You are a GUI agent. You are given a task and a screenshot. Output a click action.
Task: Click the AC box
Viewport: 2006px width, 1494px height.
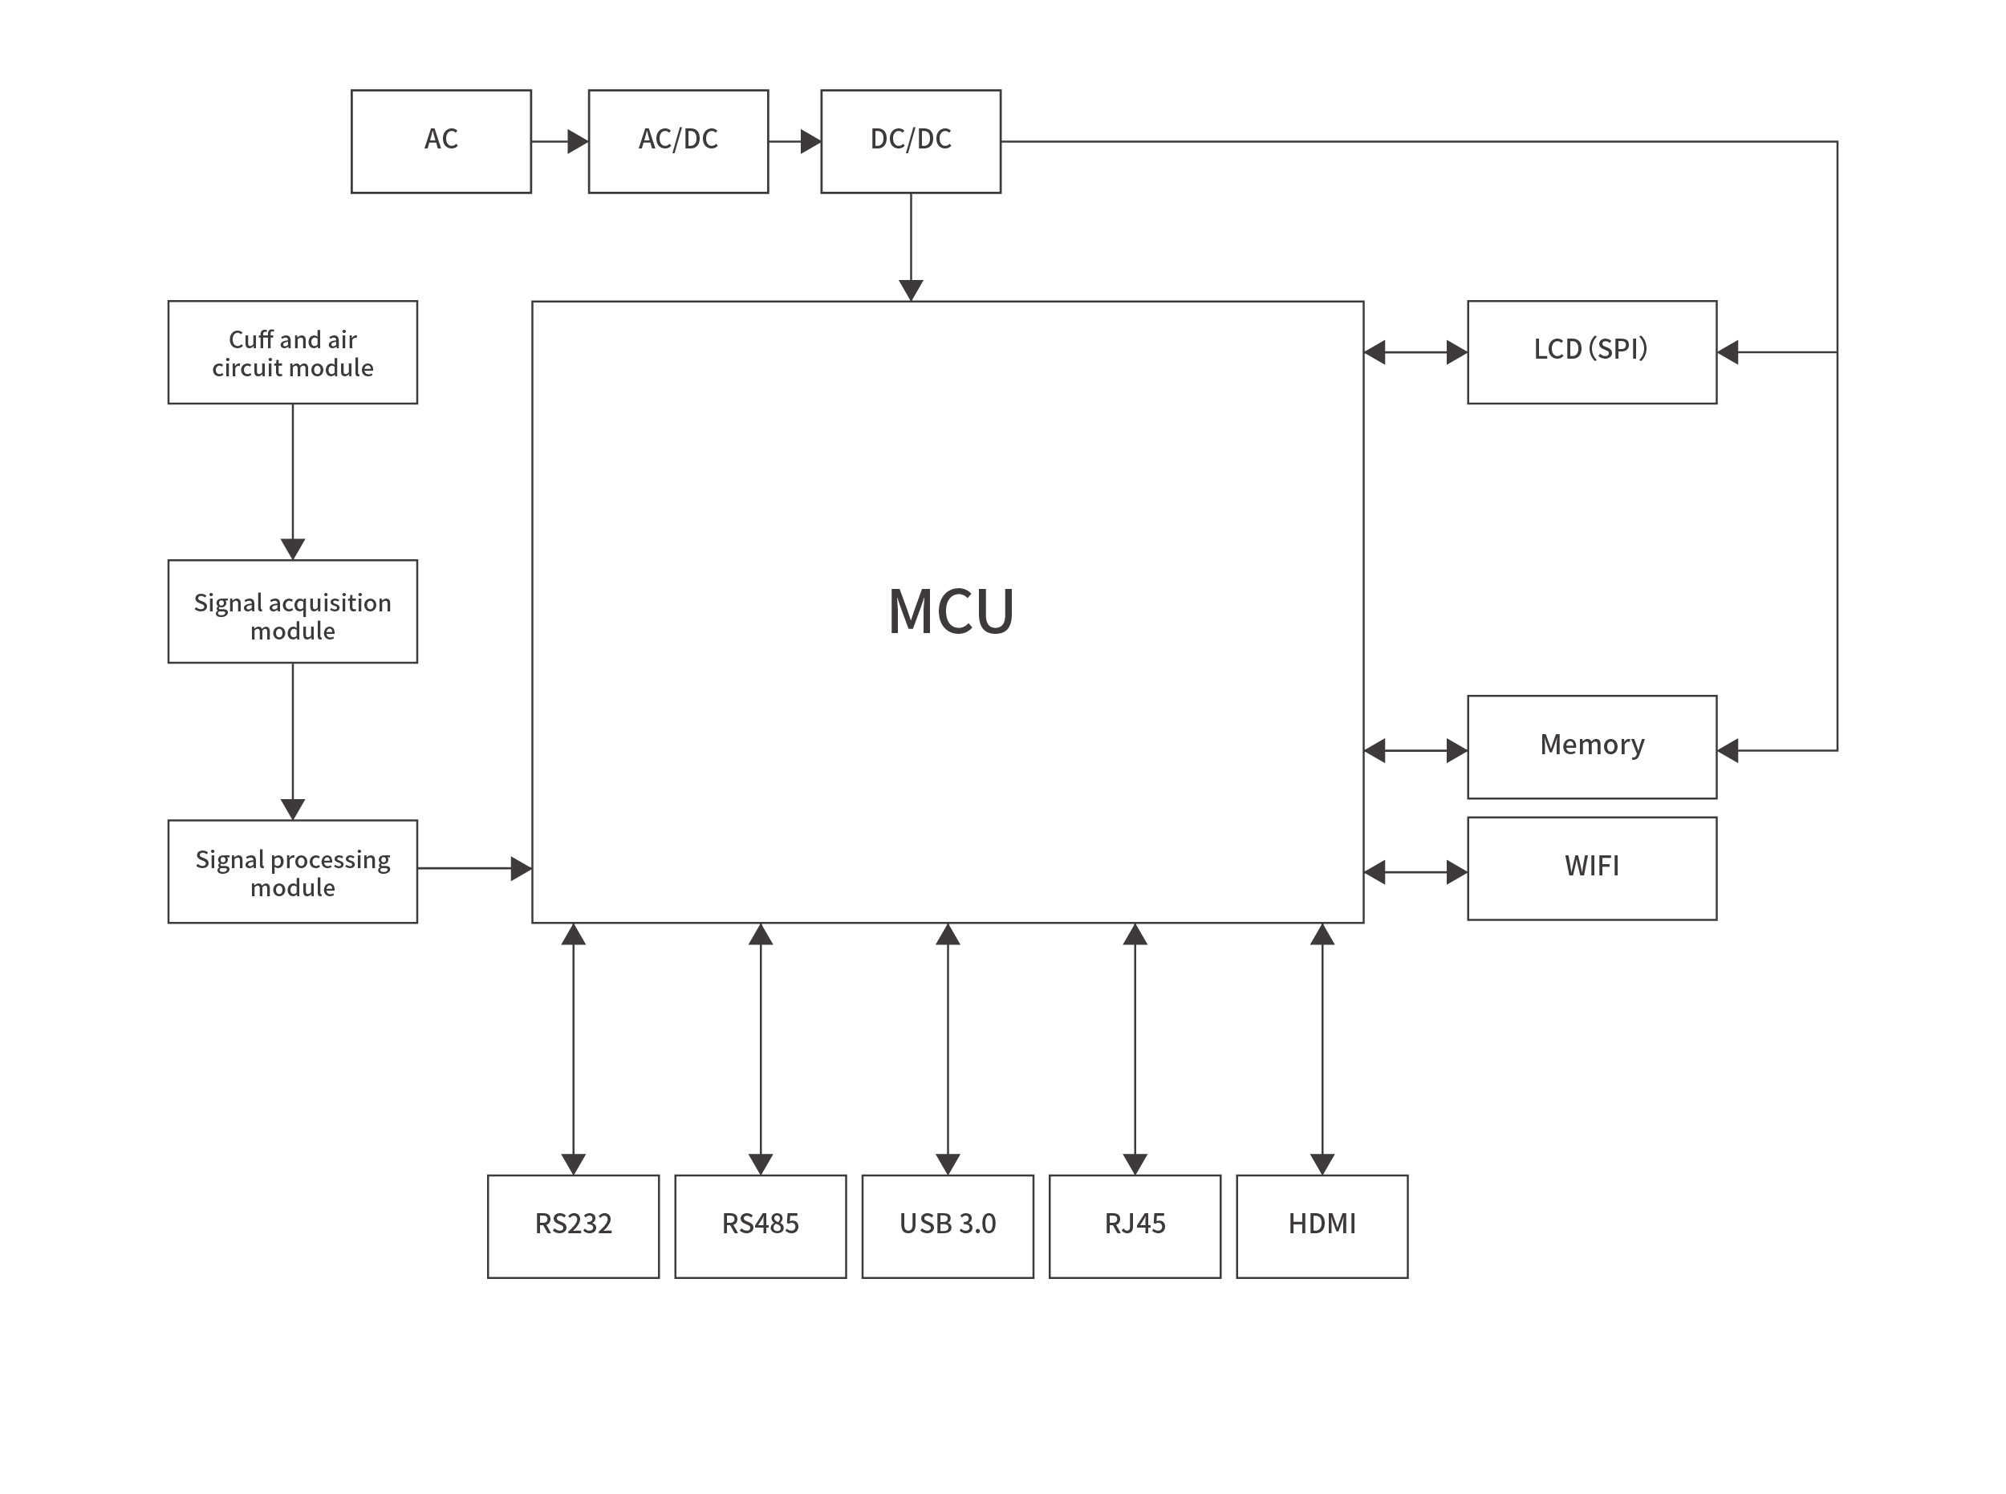pos(441,141)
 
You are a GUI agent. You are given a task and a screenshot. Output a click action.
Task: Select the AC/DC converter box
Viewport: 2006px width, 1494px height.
pos(677,141)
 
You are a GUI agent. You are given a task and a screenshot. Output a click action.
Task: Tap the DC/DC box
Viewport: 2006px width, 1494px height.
pos(910,141)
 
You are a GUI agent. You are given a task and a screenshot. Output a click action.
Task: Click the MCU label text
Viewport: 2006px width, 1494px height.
pos(951,612)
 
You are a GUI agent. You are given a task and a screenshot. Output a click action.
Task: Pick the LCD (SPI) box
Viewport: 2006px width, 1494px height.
pos(1591,351)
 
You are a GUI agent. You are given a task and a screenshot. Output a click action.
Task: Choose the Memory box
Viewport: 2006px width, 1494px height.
pos(1591,746)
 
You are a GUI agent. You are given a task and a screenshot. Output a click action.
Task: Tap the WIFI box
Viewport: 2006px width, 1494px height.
pos(1591,868)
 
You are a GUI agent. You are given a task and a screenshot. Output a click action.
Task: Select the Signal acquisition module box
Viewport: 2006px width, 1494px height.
pos(292,611)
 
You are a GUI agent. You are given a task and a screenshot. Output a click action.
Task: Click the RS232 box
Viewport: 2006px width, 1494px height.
pos(572,1225)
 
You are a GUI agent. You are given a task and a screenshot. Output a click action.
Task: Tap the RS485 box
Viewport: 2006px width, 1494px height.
pos(760,1225)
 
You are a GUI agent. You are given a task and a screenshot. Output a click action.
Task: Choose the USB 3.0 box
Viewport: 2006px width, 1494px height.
pos(947,1225)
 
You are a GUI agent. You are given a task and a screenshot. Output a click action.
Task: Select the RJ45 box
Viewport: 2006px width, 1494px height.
pos(1134,1225)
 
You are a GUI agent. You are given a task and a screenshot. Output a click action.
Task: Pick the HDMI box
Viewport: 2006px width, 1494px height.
pos(1322,1225)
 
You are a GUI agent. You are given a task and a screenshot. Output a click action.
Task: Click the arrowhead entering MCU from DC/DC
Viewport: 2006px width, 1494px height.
pos(911,290)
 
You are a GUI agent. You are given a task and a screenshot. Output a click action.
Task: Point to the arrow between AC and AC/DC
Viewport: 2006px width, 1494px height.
pos(559,141)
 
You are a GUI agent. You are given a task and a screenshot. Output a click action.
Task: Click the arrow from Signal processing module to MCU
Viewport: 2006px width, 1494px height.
pos(474,868)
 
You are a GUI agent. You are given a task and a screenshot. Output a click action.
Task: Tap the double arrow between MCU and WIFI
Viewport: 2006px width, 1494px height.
pos(1415,872)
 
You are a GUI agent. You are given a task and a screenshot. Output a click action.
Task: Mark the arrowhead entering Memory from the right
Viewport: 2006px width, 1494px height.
pos(1728,749)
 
